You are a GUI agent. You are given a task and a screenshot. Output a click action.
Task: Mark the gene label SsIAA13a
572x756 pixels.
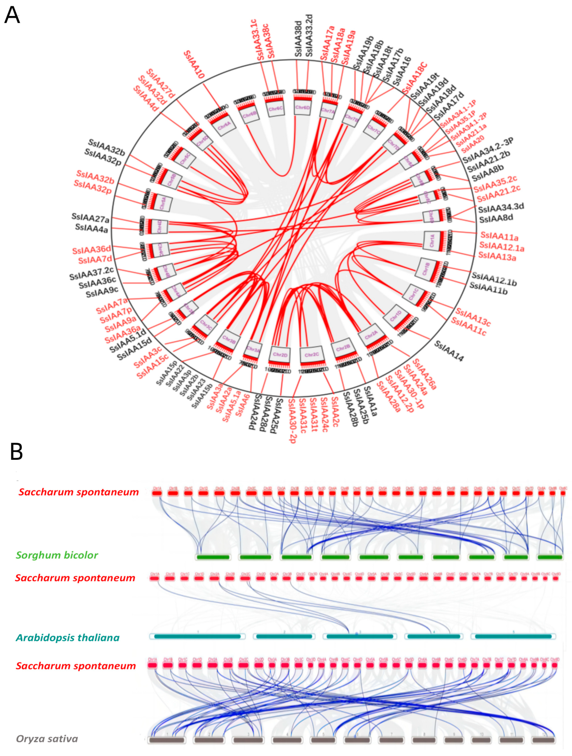[x=497, y=256]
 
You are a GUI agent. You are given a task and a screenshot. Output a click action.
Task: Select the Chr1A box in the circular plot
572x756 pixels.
[x=432, y=240]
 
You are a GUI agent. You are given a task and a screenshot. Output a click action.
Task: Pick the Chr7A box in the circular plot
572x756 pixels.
[x=328, y=110]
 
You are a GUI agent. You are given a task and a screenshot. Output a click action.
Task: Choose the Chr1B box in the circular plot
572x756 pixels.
[x=426, y=269]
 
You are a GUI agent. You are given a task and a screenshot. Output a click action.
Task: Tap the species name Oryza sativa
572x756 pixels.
[x=47, y=739]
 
